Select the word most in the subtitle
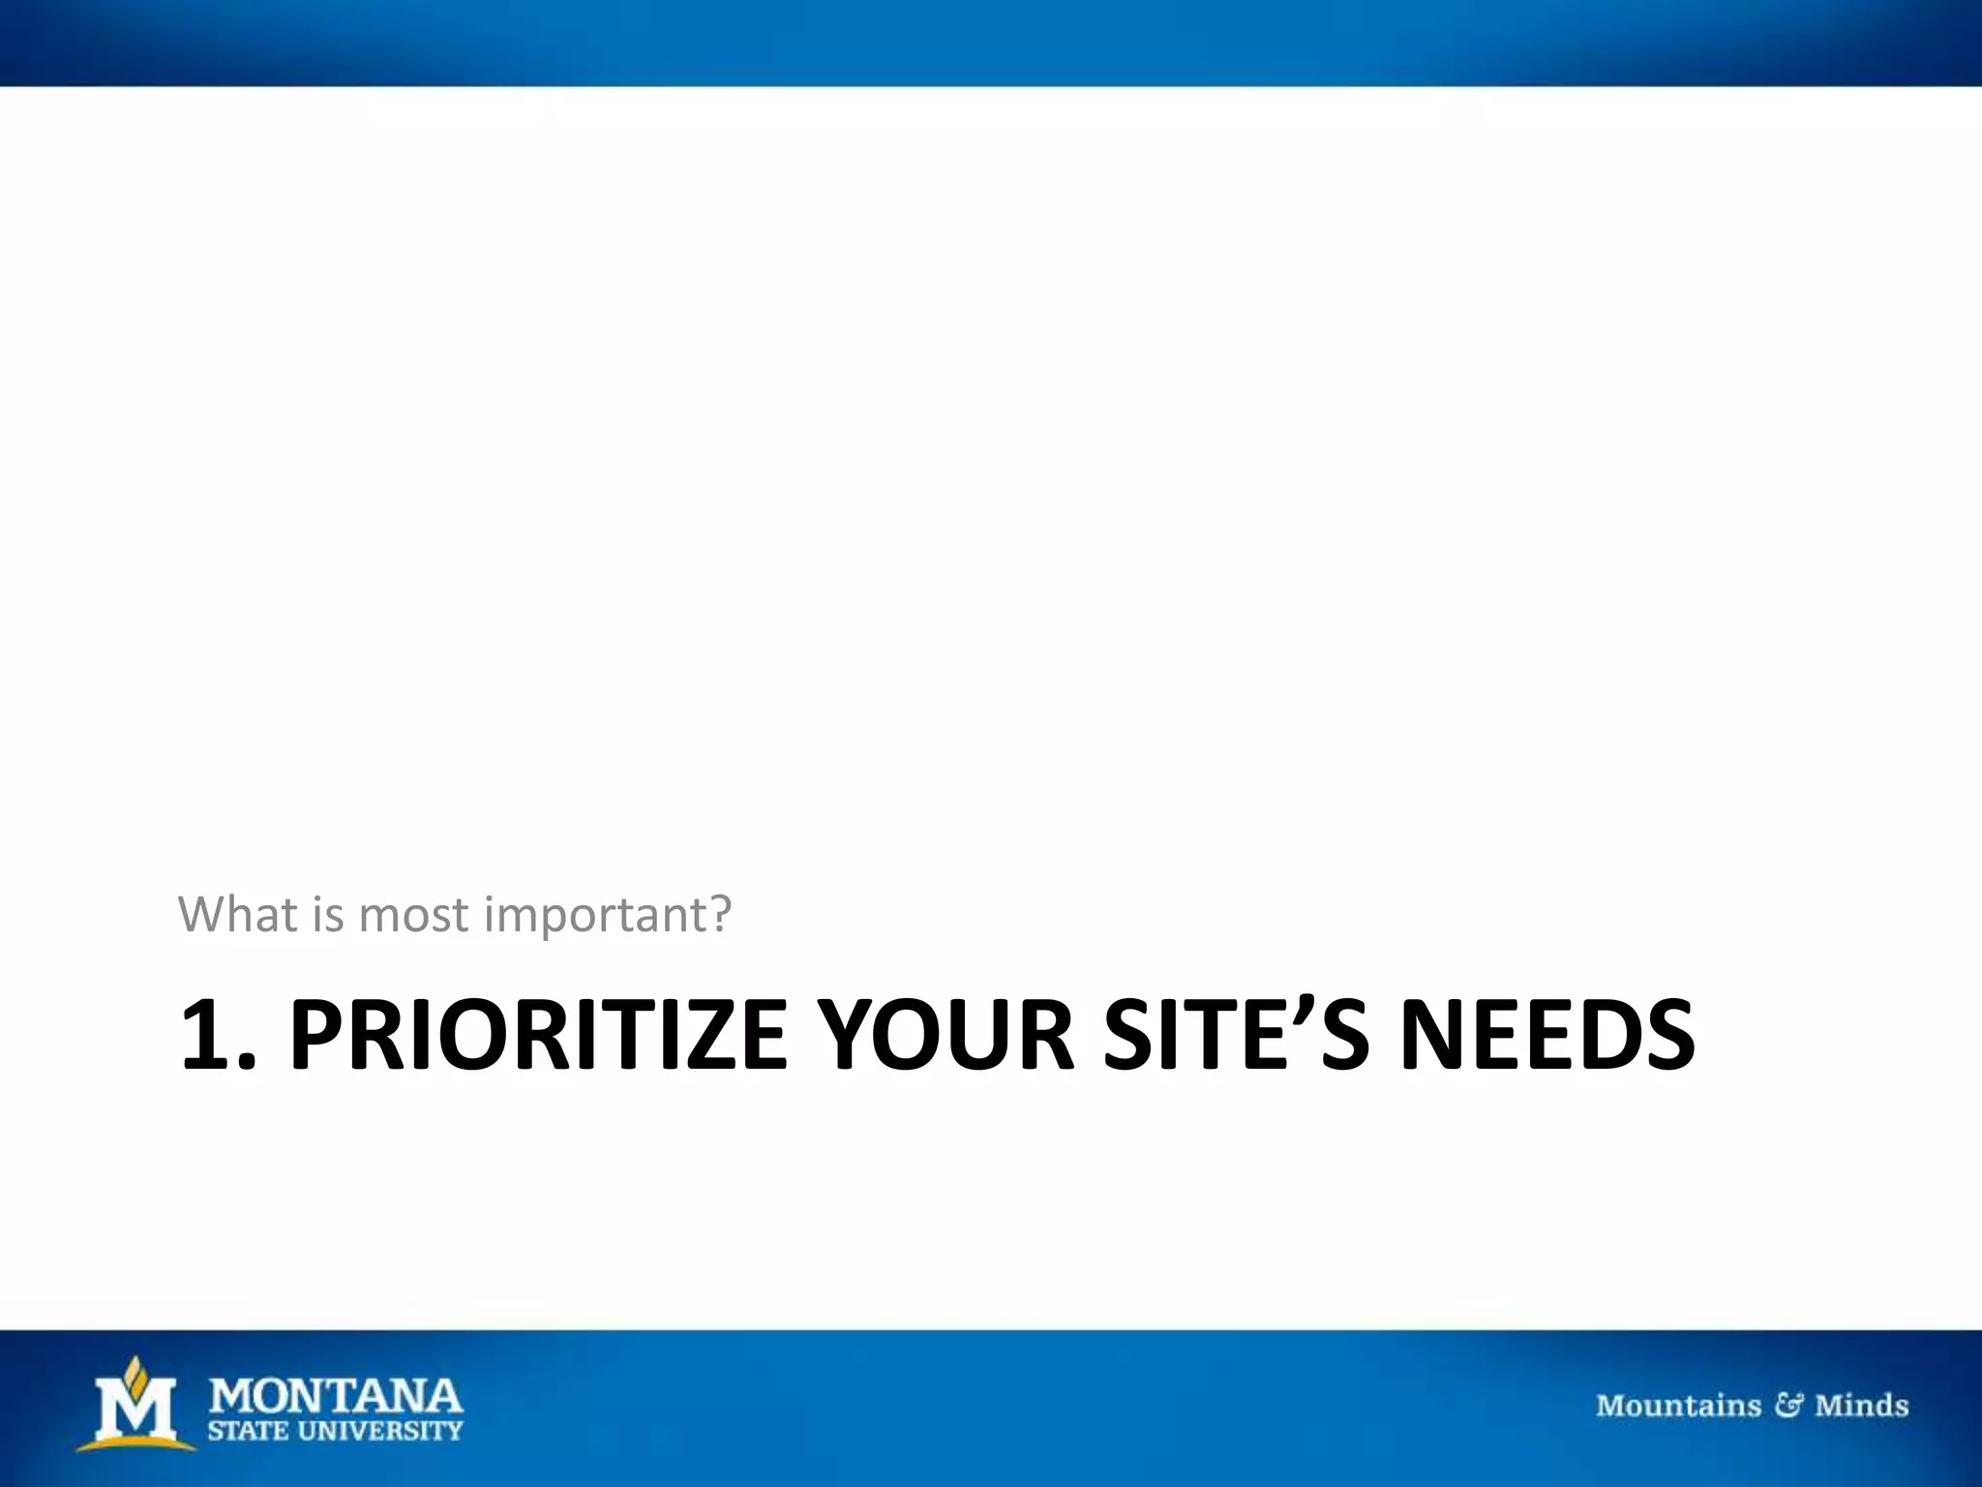point(413,915)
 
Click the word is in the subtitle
point(327,913)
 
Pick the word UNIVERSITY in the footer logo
point(381,1431)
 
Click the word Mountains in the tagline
point(1678,1405)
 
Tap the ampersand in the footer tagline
point(1787,1405)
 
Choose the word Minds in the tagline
point(1861,1405)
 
